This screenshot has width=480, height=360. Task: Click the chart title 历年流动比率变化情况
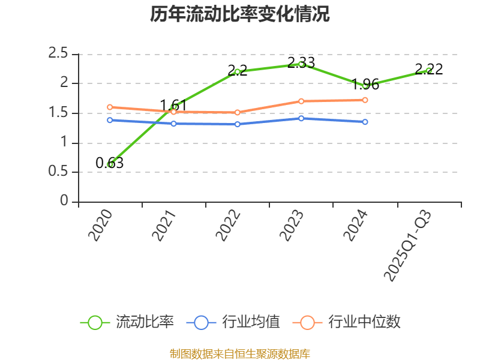(x=240, y=14)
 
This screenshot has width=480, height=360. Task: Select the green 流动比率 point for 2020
(x=110, y=164)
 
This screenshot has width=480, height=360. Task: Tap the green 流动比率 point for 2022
(x=238, y=71)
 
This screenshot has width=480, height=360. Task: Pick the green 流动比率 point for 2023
(x=301, y=64)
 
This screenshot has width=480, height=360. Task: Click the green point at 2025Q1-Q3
(x=428, y=70)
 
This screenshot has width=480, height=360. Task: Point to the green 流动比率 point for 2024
(x=365, y=86)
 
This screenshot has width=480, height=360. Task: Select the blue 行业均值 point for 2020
(x=110, y=120)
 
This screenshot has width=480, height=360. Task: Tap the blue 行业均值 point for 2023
(x=301, y=118)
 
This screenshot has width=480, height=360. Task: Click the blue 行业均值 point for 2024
(x=365, y=122)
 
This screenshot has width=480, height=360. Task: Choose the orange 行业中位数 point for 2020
(x=110, y=107)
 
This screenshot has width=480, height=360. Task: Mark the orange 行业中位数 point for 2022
(x=238, y=112)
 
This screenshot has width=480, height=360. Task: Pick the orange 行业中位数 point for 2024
(x=365, y=100)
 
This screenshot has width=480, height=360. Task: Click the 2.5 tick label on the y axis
(x=58, y=54)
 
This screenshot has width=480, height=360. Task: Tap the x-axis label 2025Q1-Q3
(x=407, y=246)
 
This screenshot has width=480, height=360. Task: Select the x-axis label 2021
(x=164, y=226)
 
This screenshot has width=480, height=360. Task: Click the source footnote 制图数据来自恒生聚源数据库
(x=240, y=353)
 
